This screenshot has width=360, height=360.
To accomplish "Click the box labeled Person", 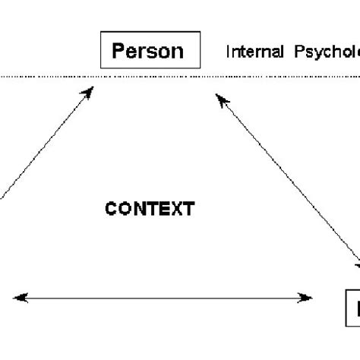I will [150, 51].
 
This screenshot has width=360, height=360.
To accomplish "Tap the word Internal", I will [254, 52].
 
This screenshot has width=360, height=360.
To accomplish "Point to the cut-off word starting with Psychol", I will [324, 52].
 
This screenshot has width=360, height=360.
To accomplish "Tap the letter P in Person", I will [118, 51].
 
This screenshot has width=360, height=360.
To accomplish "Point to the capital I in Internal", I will [228, 52].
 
